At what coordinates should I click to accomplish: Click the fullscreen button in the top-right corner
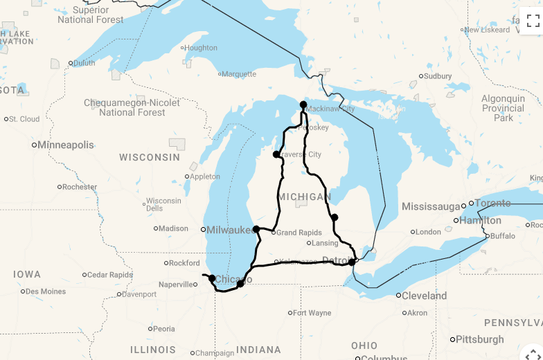click(532, 21)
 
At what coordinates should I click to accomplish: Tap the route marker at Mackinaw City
click(303, 105)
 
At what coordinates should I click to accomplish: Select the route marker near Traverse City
click(276, 154)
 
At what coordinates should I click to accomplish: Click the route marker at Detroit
click(352, 262)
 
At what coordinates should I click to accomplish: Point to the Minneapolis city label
click(65, 145)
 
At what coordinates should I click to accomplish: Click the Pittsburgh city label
click(480, 339)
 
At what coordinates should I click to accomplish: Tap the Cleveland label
click(425, 296)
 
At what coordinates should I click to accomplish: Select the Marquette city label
click(239, 73)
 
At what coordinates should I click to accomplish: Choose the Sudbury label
click(438, 76)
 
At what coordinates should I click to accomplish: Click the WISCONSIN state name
click(150, 158)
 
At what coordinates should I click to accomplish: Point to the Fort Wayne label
click(312, 313)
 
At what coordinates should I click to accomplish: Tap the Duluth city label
click(84, 63)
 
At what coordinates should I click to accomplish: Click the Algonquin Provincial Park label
click(504, 109)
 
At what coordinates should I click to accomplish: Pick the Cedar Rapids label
click(109, 275)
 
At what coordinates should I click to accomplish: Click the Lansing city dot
click(309, 243)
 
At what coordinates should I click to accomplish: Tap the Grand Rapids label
click(300, 233)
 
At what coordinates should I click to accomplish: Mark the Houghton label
click(202, 48)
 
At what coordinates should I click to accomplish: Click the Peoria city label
click(164, 329)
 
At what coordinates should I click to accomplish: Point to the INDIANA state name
click(258, 350)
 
